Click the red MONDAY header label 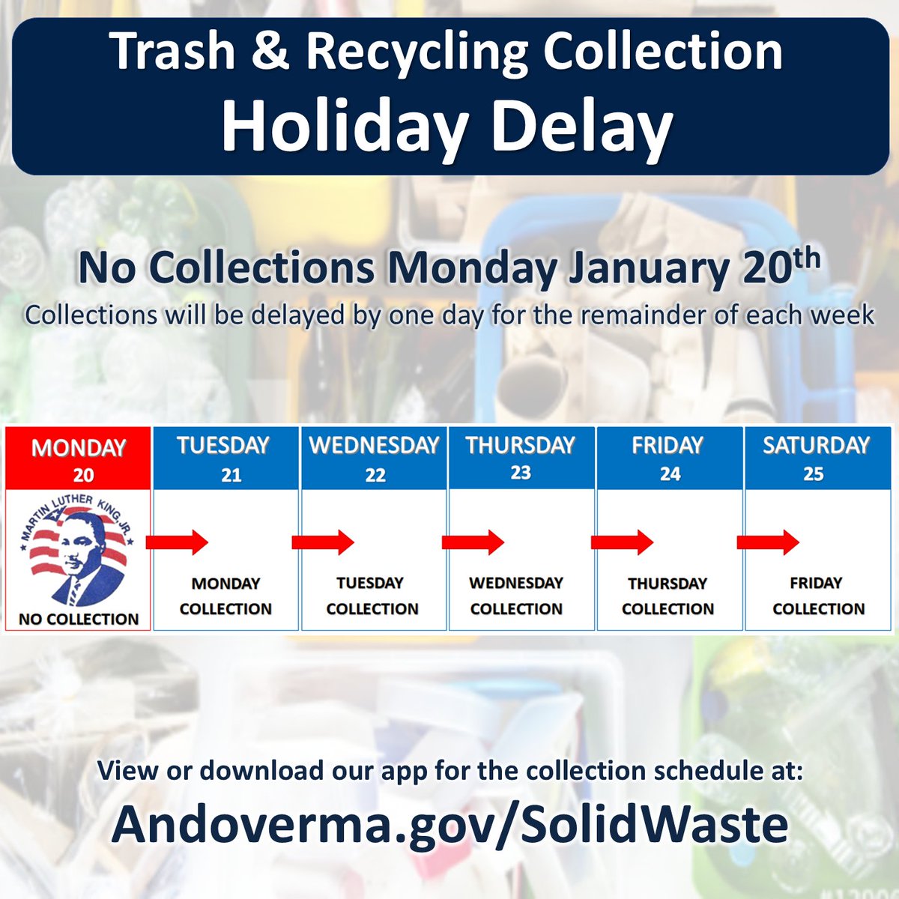78,447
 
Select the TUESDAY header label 223,445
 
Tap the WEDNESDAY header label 374,445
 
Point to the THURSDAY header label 520,445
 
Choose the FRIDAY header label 668,445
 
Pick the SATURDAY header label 816,445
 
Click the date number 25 814,474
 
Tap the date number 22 375,475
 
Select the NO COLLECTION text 79,619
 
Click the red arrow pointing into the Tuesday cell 177,541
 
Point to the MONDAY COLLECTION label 225,596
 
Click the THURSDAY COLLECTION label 668,596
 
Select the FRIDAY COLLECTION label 818,596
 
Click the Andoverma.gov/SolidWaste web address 449,824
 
